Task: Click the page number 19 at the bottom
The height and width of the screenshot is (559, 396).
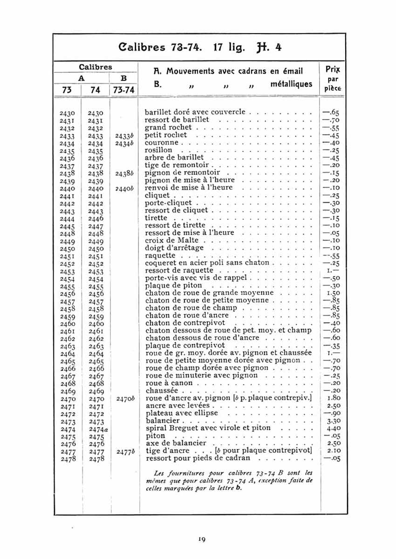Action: point(201,539)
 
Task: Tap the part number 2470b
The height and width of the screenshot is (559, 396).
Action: point(125,399)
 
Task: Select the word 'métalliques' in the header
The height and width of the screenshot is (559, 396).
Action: point(291,84)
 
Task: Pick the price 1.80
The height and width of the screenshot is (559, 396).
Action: point(332,399)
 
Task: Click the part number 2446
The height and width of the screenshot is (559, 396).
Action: point(96,218)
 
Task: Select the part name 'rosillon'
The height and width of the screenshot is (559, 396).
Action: point(158,150)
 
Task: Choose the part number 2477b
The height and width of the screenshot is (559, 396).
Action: point(125,451)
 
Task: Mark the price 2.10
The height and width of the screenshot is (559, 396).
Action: point(332,451)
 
